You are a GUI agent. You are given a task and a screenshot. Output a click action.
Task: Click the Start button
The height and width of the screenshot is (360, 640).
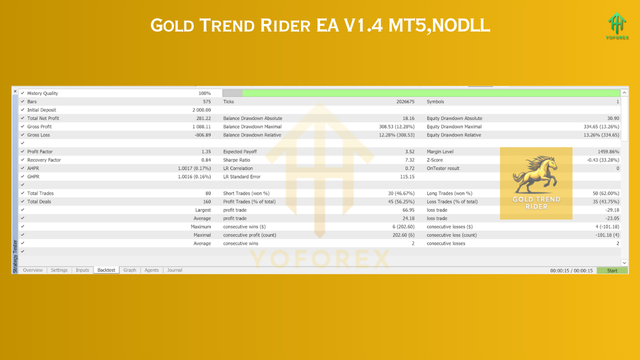tap(612, 270)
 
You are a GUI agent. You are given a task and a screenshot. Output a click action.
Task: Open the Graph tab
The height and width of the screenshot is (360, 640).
tap(129, 270)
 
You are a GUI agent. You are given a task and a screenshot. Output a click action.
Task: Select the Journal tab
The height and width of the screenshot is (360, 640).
tap(174, 270)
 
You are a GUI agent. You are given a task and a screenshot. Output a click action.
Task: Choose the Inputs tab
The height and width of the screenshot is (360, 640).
tap(82, 270)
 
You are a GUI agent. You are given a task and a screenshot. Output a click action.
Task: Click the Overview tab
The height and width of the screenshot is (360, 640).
tap(33, 270)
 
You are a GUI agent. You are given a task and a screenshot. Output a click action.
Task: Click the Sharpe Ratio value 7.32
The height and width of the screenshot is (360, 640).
tap(409, 160)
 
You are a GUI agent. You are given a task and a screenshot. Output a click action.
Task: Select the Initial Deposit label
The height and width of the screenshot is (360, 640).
tap(41, 110)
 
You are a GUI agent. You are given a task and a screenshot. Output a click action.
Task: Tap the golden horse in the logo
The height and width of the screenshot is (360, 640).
tap(535, 174)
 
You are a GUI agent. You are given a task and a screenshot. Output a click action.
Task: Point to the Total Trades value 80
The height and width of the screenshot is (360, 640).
tap(207, 193)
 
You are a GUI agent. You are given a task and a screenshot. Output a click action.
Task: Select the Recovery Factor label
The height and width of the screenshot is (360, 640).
tap(44, 160)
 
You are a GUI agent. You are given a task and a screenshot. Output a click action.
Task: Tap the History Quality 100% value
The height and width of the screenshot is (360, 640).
tap(204, 93)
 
